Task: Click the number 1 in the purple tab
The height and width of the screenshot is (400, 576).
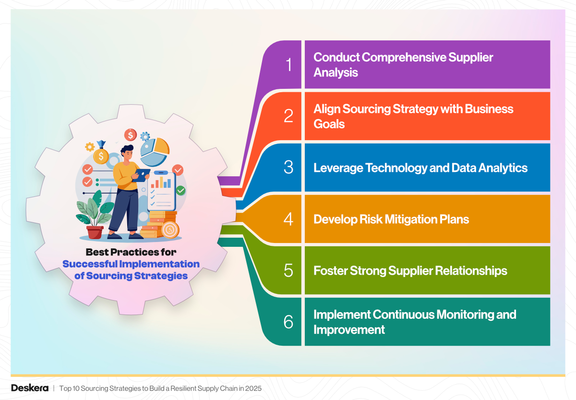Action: click(288, 64)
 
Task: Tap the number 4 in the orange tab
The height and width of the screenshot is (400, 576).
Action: click(288, 219)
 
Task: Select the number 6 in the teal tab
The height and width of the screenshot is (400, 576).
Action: click(288, 322)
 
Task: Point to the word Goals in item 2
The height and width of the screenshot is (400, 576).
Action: click(329, 124)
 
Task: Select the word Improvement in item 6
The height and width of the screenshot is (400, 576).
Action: click(349, 329)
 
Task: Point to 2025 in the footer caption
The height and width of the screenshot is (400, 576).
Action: click(253, 388)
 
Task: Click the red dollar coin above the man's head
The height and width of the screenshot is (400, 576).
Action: click(131, 135)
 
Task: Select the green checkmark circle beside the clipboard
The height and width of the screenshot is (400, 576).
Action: click(180, 191)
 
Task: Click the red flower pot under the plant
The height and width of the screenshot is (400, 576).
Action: click(95, 232)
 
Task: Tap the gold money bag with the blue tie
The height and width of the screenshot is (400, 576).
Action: click(101, 154)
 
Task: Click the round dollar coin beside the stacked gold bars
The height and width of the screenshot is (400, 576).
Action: click(170, 230)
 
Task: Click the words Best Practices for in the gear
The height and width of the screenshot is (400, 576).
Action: click(131, 252)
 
